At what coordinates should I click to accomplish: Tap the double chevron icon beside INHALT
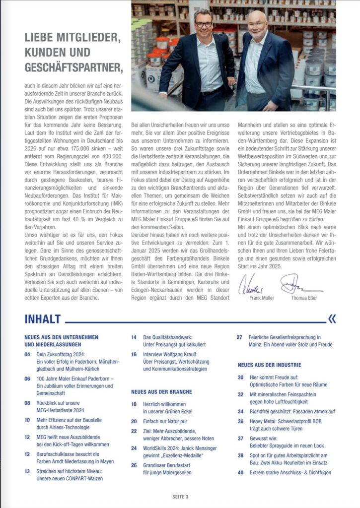[x=332, y=318]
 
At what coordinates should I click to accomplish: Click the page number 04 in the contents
[x=27, y=355]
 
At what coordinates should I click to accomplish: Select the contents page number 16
[x=134, y=354]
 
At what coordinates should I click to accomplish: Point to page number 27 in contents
[x=240, y=337]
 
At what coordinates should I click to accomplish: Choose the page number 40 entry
[x=241, y=472]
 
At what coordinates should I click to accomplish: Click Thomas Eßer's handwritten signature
[x=298, y=285]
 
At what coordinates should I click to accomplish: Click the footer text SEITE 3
[x=180, y=496]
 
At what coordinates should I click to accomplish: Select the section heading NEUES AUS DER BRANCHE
[x=161, y=391]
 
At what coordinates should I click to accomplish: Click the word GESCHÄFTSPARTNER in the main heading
[x=73, y=66]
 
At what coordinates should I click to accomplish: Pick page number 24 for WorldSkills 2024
[x=134, y=447]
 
